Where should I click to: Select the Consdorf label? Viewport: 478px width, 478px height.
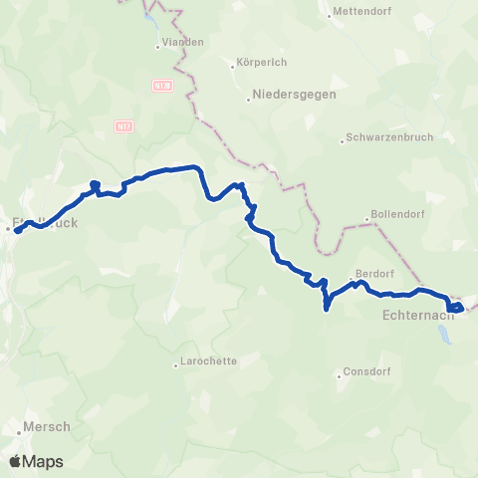point(370,370)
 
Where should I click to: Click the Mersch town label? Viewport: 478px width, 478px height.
point(46,426)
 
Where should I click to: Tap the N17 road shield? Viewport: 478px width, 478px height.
point(123,126)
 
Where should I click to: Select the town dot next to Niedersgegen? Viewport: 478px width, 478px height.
point(249,99)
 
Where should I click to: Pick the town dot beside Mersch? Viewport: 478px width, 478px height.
point(18,435)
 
